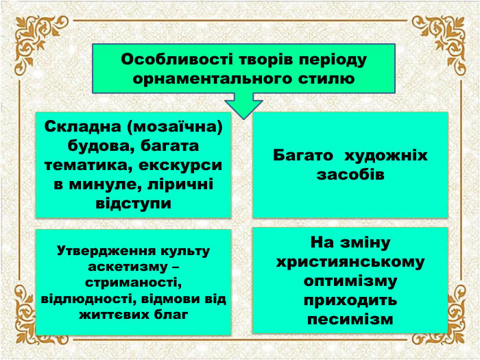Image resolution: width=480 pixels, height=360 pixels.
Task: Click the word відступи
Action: click(133, 204)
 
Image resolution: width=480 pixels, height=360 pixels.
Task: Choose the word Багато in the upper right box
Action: click(304, 156)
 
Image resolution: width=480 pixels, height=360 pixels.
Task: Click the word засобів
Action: click(350, 175)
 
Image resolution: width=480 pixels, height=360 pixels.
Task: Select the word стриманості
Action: click(133, 283)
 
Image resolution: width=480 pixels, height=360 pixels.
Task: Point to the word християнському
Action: click(350, 262)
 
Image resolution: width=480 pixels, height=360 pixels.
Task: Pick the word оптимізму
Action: click(350, 281)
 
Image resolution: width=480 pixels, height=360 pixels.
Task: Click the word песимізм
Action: click(350, 320)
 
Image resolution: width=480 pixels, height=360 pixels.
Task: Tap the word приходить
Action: click(350, 300)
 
